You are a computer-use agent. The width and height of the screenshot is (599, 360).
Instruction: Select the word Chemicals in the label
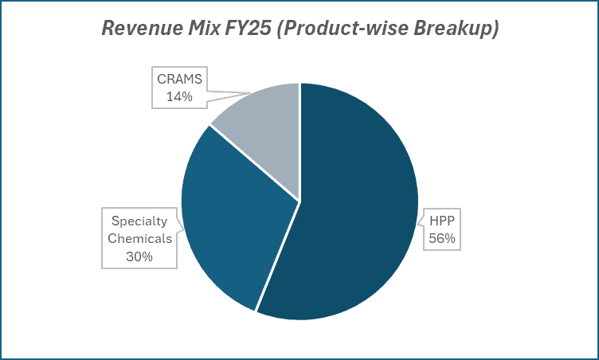click(x=139, y=240)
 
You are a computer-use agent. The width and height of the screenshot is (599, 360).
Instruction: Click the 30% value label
click(x=139, y=256)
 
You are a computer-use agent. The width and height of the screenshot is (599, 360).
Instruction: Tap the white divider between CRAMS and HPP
click(x=299, y=143)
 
